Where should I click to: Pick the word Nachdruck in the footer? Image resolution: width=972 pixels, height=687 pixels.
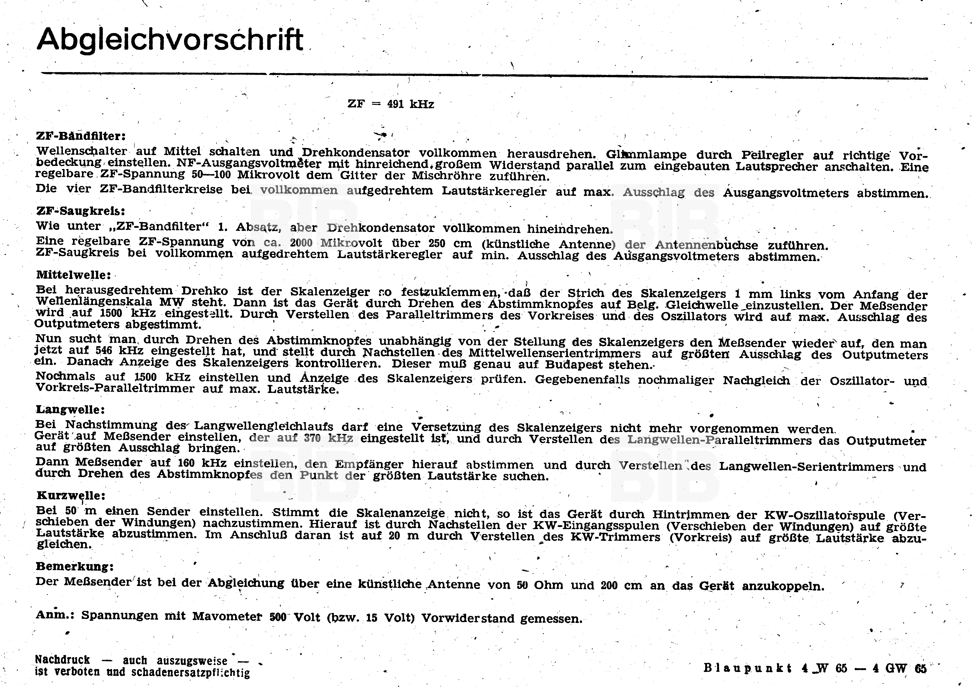pyautogui.click(x=63, y=660)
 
